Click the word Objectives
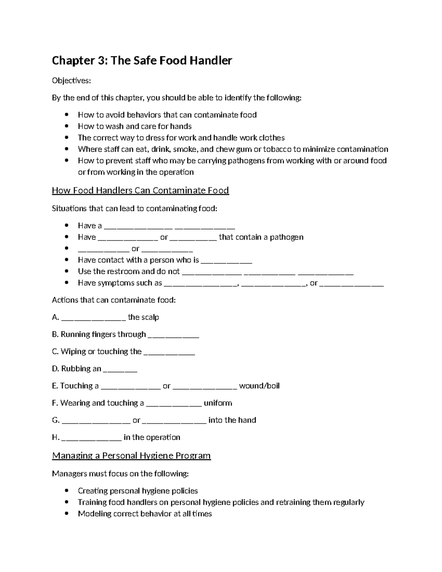click(71, 80)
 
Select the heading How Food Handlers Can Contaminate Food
click(140, 190)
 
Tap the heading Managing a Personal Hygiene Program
click(131, 456)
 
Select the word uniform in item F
click(218, 403)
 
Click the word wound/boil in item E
click(259, 386)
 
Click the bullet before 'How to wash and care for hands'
click(67, 126)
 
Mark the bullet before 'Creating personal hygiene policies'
click(67, 491)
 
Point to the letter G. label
click(56, 420)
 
